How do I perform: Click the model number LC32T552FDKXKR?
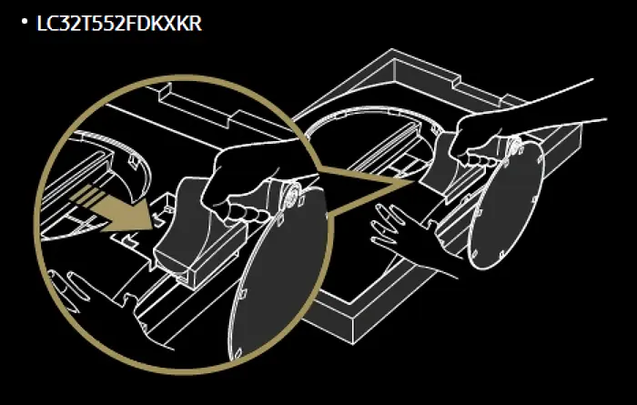click(119, 24)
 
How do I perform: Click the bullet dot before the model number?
click(25, 21)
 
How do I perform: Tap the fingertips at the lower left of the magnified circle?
click(67, 287)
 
